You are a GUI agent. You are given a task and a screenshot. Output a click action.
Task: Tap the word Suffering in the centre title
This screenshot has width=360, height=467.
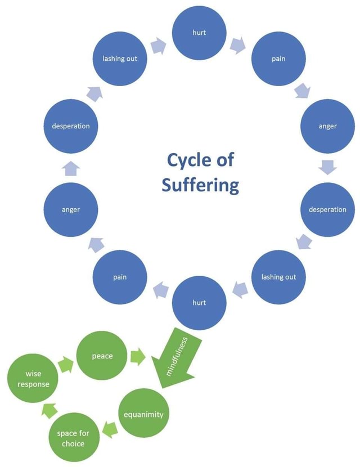point(200,185)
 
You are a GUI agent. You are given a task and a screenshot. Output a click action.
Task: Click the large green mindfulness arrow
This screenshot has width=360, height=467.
point(179,360)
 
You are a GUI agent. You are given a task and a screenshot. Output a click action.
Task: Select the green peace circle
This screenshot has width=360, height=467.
point(102,356)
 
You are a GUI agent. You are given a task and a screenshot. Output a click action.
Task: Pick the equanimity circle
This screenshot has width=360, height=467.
point(143,414)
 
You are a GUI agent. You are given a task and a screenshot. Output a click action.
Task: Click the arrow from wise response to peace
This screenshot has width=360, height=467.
point(66,365)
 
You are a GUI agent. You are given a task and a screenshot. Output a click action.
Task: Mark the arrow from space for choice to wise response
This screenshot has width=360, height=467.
point(49,411)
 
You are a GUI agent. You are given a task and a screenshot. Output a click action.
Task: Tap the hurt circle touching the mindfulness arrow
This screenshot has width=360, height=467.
point(199,302)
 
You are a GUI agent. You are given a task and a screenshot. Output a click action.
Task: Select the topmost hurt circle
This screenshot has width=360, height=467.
point(199,33)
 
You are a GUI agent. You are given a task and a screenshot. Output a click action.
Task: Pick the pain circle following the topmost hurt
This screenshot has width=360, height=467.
point(278,59)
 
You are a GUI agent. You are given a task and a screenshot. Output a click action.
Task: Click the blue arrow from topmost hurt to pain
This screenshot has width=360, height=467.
point(238,44)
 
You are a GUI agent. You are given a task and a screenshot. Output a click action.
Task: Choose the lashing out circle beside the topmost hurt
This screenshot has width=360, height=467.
point(120,59)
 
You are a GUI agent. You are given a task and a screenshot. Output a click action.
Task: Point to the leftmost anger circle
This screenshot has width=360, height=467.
point(71,209)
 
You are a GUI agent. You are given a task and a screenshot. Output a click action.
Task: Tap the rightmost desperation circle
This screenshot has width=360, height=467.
point(327,209)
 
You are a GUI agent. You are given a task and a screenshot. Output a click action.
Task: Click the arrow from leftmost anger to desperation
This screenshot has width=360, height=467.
point(71,168)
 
